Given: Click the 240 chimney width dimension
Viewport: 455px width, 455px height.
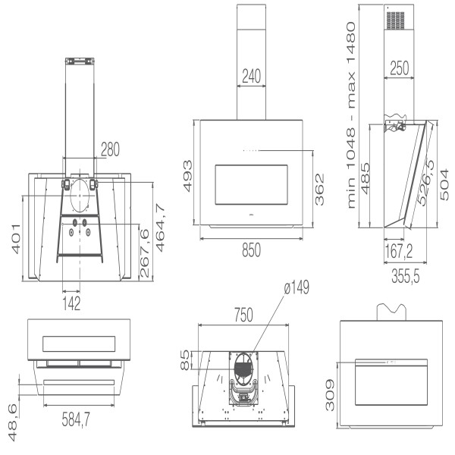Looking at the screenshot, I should tap(251, 76).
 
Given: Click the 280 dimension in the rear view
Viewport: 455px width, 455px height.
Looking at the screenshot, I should tap(110, 149).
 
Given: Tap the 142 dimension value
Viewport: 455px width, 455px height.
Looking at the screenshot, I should tap(72, 303).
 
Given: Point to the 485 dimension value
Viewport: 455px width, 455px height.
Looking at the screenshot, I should tap(366, 178).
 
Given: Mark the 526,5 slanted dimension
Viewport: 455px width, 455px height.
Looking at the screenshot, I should tap(427, 183).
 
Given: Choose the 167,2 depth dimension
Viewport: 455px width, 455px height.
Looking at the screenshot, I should tap(399, 250).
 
